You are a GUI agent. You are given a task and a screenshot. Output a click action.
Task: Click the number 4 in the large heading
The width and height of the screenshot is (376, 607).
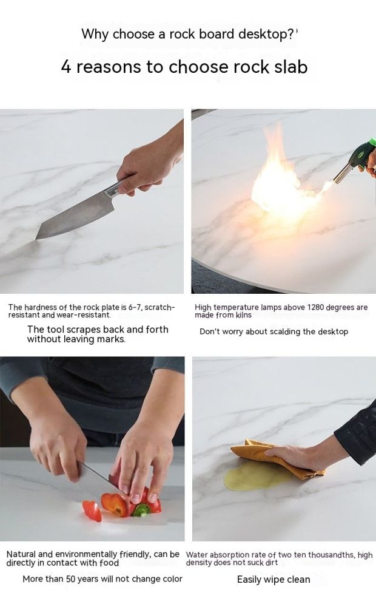tap(66, 67)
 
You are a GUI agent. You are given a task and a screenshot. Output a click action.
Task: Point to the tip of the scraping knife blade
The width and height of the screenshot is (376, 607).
tap(37, 239)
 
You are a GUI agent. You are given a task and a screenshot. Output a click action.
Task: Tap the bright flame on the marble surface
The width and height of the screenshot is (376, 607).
tap(283, 182)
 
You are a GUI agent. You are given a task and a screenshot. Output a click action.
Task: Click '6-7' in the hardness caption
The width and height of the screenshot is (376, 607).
tap(134, 307)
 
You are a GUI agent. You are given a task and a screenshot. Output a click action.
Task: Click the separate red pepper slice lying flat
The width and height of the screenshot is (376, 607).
tap(92, 510)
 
